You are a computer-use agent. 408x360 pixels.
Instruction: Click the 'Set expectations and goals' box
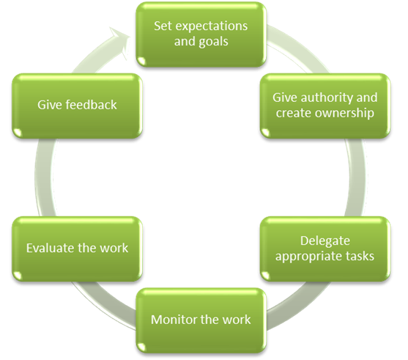[x=201, y=34]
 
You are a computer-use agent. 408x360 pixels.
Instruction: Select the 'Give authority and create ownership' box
[x=325, y=106]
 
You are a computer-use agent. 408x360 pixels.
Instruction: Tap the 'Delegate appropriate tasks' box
[x=325, y=249]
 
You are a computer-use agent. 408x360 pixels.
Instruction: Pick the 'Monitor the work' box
[x=201, y=320]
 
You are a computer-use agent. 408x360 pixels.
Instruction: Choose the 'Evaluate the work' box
[x=78, y=249]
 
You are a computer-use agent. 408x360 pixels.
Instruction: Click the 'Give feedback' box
[x=78, y=106]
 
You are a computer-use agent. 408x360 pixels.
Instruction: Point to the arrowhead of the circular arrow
[x=120, y=42]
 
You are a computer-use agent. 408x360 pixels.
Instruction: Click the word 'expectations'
[x=212, y=26]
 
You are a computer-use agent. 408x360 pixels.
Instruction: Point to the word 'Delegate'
[x=325, y=241]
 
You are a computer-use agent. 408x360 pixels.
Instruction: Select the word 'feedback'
[x=91, y=105]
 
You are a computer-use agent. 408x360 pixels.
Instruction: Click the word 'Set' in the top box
[x=163, y=26]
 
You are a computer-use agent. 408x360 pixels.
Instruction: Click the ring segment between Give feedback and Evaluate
[x=43, y=177]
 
